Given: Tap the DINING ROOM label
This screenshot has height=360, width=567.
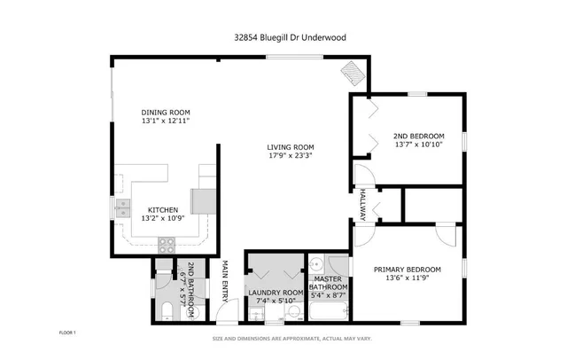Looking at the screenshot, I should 166,112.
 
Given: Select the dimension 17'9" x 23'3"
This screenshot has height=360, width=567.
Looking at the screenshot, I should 291,155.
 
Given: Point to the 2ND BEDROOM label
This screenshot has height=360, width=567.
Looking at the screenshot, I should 418,136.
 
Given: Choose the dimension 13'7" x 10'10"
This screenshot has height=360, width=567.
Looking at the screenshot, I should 418,145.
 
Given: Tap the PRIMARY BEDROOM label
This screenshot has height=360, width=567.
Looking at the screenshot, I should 407,270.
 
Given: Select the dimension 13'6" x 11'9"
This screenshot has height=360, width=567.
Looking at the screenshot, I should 407,278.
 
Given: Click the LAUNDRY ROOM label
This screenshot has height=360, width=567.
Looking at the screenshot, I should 276,293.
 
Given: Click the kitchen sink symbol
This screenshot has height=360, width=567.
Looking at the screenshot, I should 121,208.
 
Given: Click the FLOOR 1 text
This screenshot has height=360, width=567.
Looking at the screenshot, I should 67,333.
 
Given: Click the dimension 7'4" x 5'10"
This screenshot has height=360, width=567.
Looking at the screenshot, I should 276,301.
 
